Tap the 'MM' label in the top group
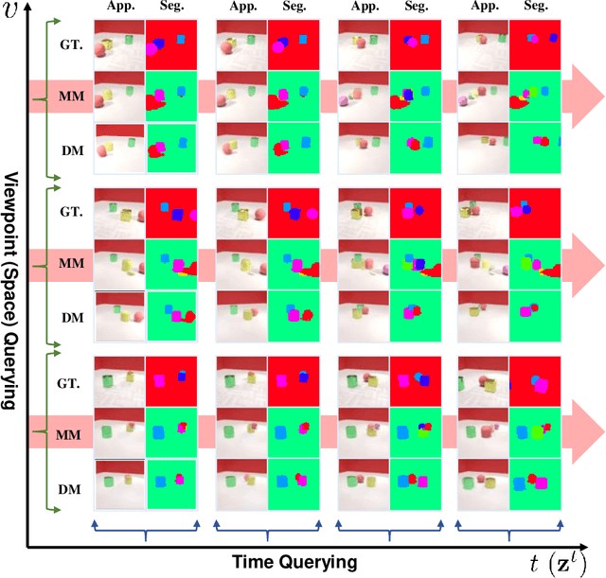pyautogui.click(x=71, y=96)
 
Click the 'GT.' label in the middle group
pyautogui.click(x=71, y=213)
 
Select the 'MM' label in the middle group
pyautogui.click(x=71, y=264)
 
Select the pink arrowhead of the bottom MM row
pyautogui.click(x=583, y=433)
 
